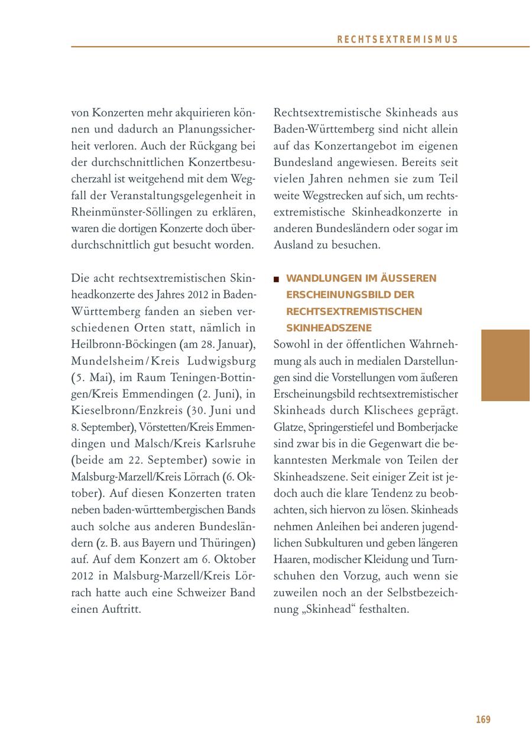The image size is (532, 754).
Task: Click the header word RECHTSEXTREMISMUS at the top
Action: click(x=397, y=40)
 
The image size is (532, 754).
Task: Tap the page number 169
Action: click(x=483, y=720)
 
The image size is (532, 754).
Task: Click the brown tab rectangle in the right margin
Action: click(x=505, y=365)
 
